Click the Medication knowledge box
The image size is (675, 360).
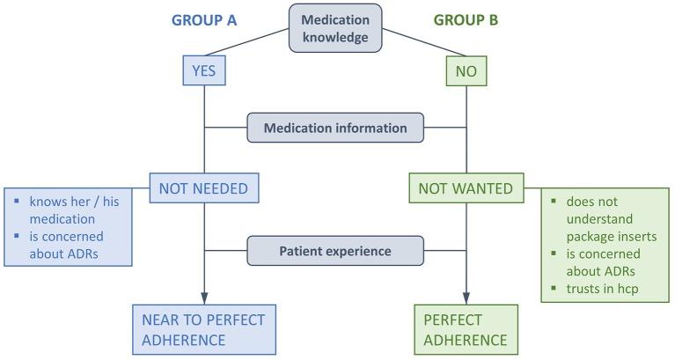point(335,29)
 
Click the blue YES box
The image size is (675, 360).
point(205,71)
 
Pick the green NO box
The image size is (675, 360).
point(466,71)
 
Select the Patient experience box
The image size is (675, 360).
point(334,251)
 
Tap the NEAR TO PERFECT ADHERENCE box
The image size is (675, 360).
point(204,328)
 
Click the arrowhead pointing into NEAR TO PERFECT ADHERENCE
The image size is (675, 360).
point(205,298)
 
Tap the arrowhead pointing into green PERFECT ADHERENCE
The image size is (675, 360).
point(466,298)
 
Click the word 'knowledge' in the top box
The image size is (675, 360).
point(335,37)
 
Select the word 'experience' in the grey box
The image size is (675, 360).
point(357,251)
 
